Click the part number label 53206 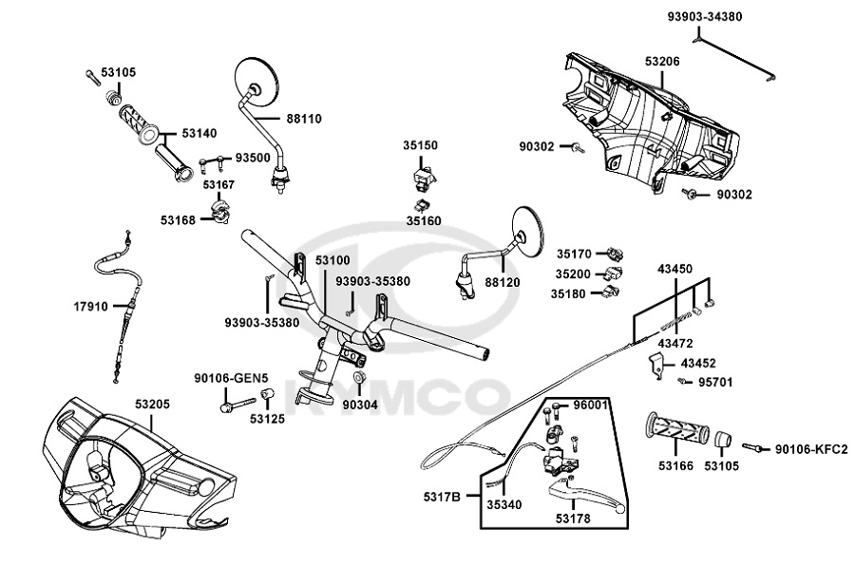point(662,62)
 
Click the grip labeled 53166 point(675,431)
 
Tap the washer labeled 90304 point(360,381)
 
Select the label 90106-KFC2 point(810,449)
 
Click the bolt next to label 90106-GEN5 point(227,407)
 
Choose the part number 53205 point(152,403)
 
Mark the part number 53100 point(332,259)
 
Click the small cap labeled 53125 point(268,395)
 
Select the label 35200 point(574,274)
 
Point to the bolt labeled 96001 point(555,410)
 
